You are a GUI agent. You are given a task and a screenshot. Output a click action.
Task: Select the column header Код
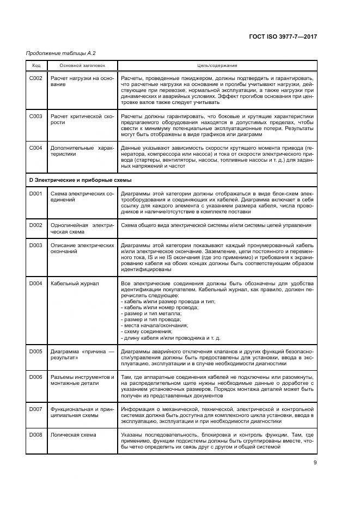tap(36, 66)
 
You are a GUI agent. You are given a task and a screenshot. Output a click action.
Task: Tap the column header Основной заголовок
tap(75, 66)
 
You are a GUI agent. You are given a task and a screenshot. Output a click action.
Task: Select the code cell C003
tap(36, 116)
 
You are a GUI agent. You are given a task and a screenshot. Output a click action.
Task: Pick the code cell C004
tap(36, 148)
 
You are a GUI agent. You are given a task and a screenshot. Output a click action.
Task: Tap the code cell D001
tap(36, 194)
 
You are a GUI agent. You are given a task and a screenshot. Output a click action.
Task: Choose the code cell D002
tap(36, 225)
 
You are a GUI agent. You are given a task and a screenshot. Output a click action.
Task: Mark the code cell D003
tap(36, 246)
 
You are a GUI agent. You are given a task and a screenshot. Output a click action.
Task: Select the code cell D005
tap(36, 352)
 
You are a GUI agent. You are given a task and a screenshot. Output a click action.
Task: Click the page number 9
tap(315, 463)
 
